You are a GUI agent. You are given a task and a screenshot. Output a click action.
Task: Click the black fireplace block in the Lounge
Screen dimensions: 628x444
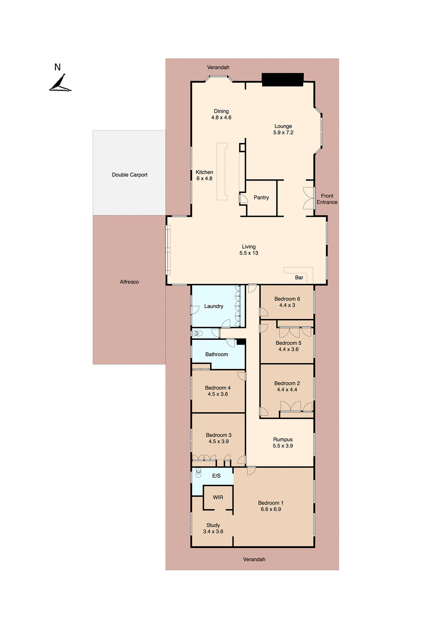click(282, 79)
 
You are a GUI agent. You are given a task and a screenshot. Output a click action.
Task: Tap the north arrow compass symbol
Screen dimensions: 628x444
click(60, 83)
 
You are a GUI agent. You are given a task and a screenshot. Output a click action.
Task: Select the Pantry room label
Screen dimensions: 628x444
click(261, 198)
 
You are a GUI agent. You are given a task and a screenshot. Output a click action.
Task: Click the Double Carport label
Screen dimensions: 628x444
click(129, 175)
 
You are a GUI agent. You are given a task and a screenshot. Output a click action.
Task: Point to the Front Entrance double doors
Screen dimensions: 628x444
click(309, 198)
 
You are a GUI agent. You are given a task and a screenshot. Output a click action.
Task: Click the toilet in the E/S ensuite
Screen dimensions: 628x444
click(198, 473)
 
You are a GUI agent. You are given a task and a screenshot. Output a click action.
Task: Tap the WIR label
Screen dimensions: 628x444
click(218, 497)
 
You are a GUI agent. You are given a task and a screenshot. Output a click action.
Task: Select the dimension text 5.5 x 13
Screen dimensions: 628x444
click(248, 253)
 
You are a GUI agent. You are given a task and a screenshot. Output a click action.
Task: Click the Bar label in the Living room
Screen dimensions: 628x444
click(299, 278)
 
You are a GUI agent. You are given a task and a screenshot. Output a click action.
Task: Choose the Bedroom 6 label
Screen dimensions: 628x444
click(287, 299)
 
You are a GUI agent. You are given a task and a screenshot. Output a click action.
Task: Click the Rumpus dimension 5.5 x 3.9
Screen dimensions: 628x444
click(283, 446)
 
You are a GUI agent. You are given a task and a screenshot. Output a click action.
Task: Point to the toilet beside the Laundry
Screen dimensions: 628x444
click(197, 334)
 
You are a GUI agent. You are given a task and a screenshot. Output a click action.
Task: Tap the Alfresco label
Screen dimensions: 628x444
click(129, 282)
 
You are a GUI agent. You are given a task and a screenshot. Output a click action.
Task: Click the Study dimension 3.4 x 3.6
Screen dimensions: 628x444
click(213, 532)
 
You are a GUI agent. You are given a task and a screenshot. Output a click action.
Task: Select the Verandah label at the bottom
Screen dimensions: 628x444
click(254, 559)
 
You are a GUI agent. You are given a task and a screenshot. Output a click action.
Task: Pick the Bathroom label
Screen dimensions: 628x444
click(216, 355)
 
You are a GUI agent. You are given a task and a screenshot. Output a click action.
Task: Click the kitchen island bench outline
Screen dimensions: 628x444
click(222, 171)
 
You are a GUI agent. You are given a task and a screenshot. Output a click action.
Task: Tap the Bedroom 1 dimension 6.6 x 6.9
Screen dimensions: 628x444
click(271, 509)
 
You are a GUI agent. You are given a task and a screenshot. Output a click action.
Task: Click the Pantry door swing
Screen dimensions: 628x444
click(243, 199)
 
